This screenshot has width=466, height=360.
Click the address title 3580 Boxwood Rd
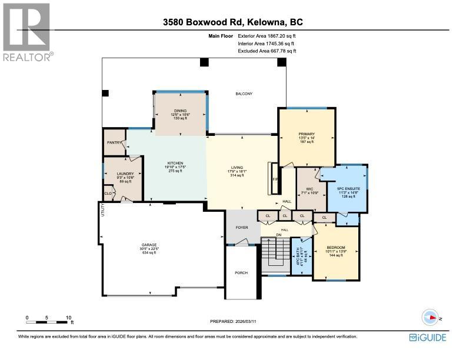(233, 23)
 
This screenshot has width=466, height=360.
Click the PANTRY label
(114, 142)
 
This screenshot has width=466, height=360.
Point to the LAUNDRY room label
(125, 174)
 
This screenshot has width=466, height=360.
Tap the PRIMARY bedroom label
(307, 135)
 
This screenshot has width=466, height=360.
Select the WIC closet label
(309, 189)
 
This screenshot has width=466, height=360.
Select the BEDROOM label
(335, 247)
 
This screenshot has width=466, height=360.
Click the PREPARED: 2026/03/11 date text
(233, 321)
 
